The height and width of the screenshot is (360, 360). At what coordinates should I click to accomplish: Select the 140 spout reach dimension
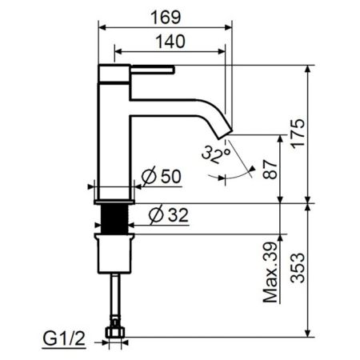click(x=170, y=41)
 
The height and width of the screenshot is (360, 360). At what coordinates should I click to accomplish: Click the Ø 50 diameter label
click(x=160, y=178)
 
